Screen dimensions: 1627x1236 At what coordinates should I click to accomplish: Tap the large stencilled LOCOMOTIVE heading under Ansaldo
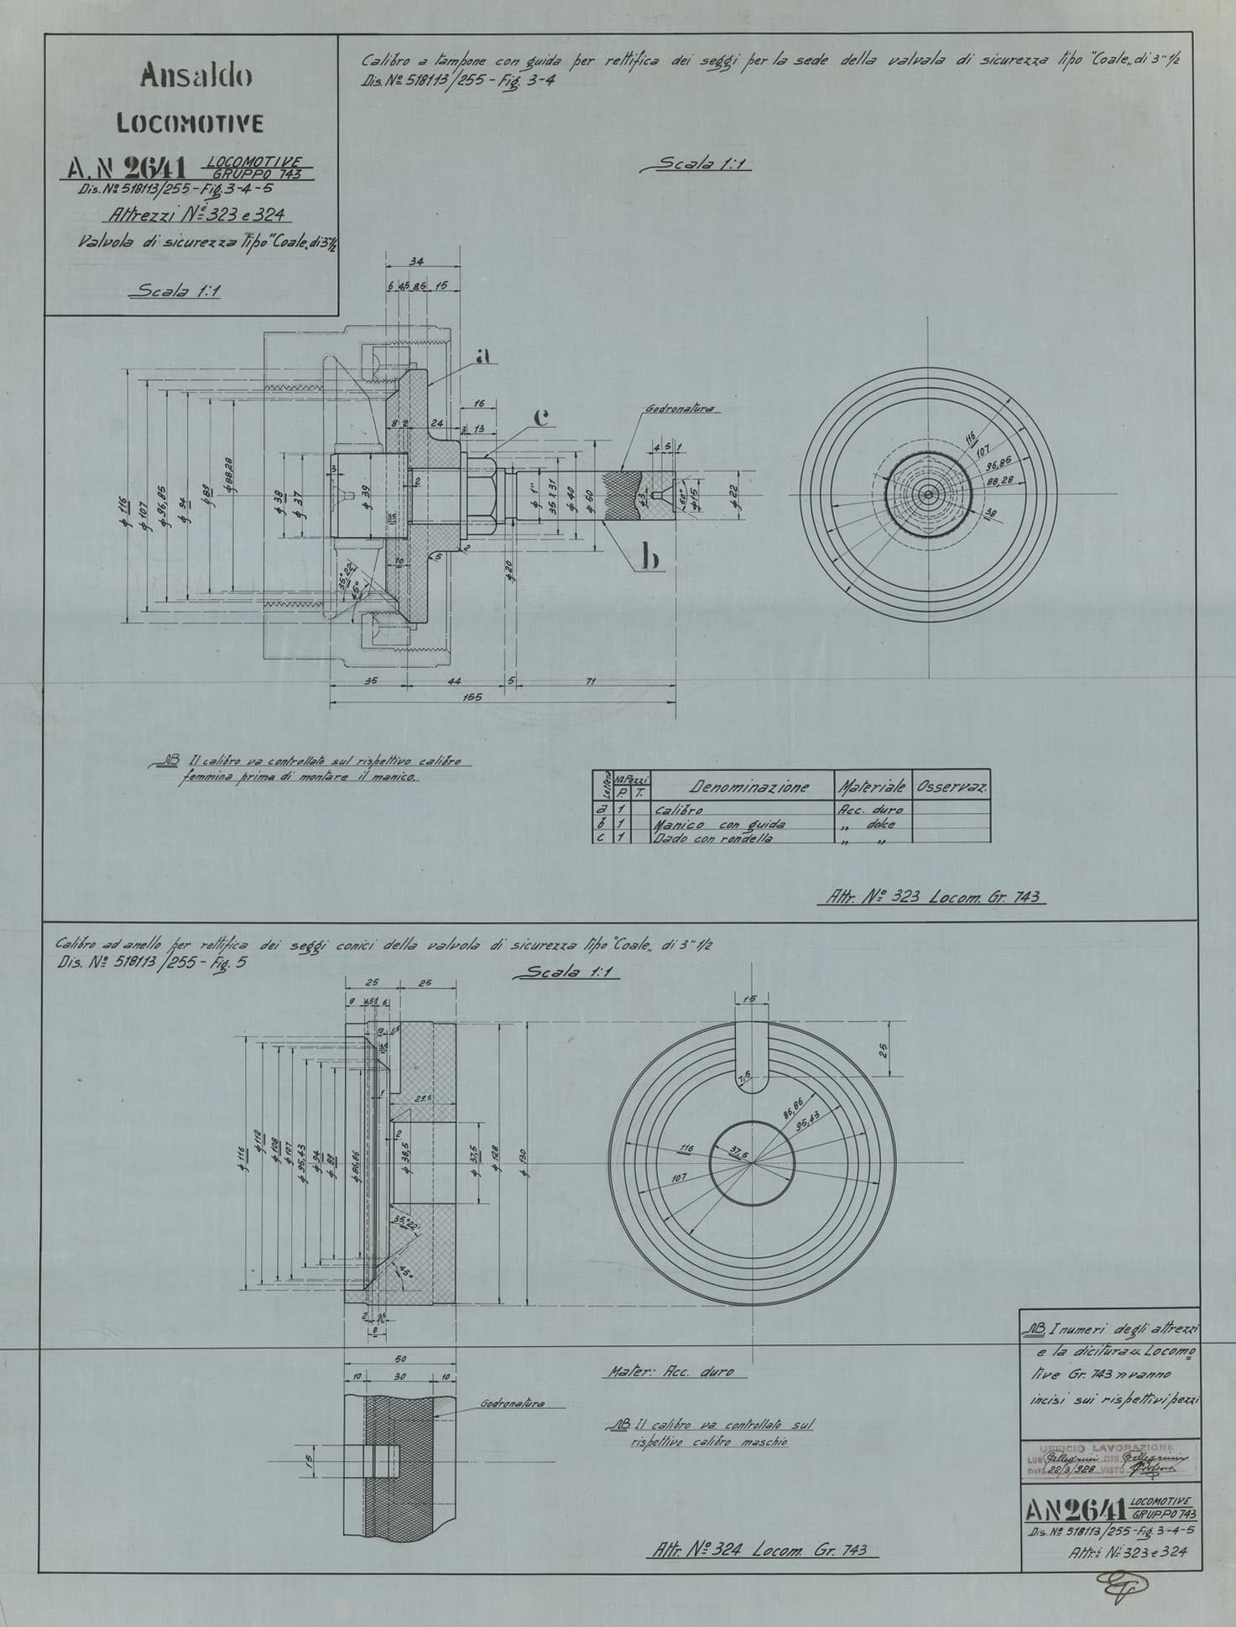pyautogui.click(x=190, y=124)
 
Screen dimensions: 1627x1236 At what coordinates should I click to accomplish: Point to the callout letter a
pyautogui.click(x=482, y=356)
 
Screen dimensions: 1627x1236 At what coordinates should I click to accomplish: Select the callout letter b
pyautogui.click(x=648, y=557)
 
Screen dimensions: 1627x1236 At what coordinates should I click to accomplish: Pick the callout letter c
pyautogui.click(x=541, y=417)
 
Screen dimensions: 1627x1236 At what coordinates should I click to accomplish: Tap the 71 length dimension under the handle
pyautogui.click(x=590, y=681)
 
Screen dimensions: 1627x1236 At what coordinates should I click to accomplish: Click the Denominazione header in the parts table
pyautogui.click(x=749, y=787)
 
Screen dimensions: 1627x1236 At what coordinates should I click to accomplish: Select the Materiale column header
pyautogui.click(x=870, y=787)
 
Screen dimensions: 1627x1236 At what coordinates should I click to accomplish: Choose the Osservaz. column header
pyautogui.click(x=951, y=787)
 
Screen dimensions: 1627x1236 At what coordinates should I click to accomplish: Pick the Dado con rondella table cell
pyautogui.click(x=712, y=838)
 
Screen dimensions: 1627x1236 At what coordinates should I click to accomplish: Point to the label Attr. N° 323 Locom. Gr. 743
pyautogui.click(x=929, y=898)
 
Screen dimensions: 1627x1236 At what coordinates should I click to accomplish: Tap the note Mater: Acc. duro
pyautogui.click(x=668, y=1372)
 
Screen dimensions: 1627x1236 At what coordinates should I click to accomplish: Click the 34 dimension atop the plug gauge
pyautogui.click(x=416, y=263)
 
